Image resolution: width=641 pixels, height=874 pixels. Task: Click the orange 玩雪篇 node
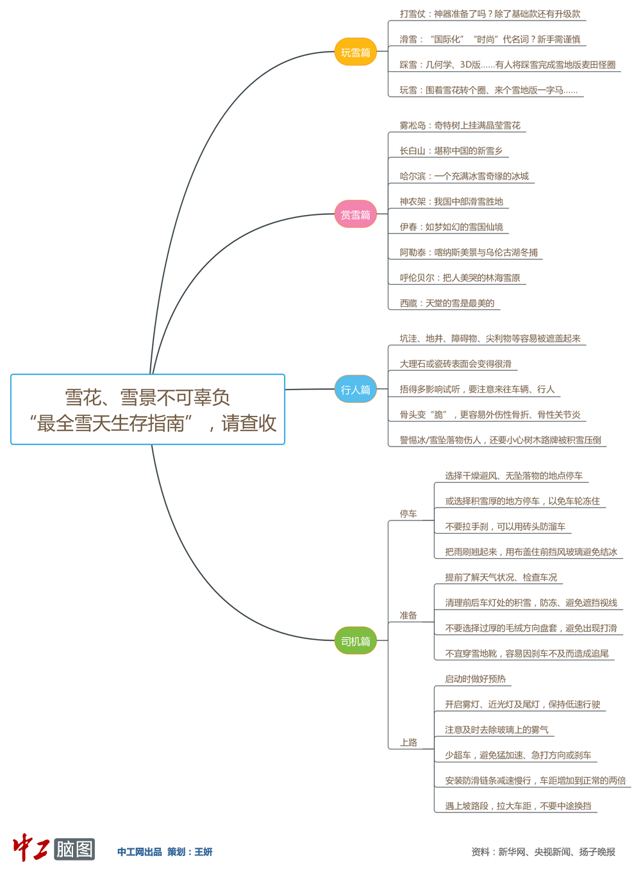point(355,52)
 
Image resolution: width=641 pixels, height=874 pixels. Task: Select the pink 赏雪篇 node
point(355,214)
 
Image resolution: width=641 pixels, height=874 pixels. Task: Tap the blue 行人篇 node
point(355,390)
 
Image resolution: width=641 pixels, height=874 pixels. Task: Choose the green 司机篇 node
point(355,641)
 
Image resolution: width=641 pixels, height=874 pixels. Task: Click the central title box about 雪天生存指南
point(147,409)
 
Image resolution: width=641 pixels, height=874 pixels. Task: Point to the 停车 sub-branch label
point(408,513)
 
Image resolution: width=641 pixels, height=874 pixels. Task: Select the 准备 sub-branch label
point(408,615)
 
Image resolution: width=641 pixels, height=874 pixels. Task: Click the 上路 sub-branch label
point(408,742)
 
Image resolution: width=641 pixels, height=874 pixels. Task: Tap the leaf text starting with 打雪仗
point(490,13)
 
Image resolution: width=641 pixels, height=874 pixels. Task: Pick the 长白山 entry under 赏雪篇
point(451,151)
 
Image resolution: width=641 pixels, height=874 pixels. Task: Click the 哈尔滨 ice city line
point(464,176)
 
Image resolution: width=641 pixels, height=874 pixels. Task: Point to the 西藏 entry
point(447,303)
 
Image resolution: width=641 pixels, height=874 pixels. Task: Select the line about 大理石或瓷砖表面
point(455,364)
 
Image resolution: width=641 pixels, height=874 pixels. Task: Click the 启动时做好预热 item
point(475,679)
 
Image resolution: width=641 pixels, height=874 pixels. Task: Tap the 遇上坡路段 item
point(518,806)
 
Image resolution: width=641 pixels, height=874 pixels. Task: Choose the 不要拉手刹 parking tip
point(505,526)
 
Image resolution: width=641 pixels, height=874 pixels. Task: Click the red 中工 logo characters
point(31,848)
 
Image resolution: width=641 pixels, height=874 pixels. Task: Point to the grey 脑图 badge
point(74,849)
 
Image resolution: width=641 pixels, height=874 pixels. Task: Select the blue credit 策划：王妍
point(190,852)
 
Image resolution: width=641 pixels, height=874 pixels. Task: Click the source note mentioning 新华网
point(543,852)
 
